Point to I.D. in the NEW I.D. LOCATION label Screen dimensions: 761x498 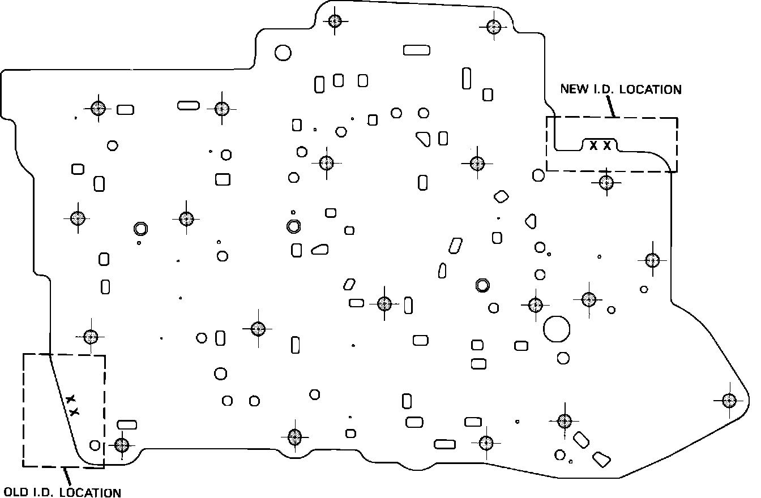597,89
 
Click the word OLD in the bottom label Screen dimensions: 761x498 14,492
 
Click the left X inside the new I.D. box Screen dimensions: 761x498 593,145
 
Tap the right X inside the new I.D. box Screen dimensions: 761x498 607,145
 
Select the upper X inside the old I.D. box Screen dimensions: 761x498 70,400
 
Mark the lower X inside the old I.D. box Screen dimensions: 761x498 74,412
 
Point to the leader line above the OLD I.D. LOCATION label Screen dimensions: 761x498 66,475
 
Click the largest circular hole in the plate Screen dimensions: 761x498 556,328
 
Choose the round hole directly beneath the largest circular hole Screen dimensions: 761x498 563,358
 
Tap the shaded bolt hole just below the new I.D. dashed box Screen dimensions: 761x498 606,182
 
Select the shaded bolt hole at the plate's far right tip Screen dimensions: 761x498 729,400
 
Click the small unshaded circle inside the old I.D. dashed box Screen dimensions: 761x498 95,445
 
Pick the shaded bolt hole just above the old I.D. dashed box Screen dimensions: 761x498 91,337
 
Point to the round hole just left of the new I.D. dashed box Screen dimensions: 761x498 538,175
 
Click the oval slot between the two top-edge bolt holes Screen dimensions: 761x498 417,50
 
